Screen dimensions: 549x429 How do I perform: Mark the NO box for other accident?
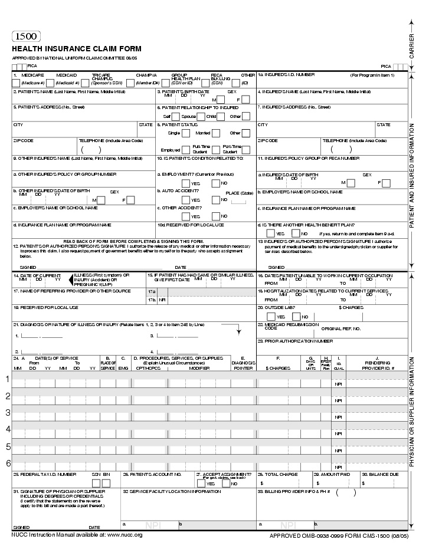[216, 216]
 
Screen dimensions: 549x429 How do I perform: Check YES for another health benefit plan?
[270, 234]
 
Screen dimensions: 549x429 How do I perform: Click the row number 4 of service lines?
[8, 429]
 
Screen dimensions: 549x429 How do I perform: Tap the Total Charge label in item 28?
[280, 474]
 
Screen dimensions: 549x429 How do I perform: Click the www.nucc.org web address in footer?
[124, 535]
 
